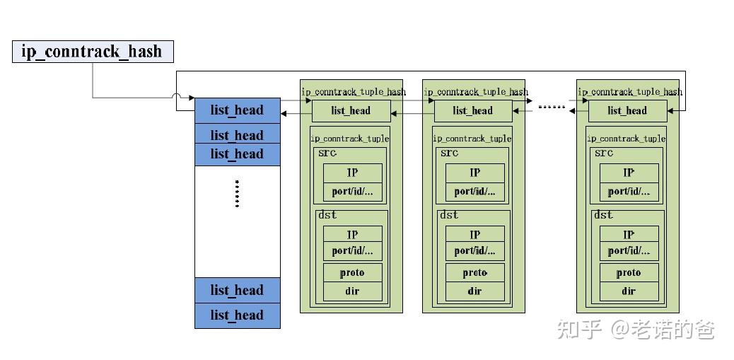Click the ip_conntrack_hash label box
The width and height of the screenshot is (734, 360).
pyautogui.click(x=93, y=52)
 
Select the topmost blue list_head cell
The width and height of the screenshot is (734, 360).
pyautogui.click(x=238, y=110)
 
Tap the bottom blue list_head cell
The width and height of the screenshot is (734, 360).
pyautogui.click(x=238, y=315)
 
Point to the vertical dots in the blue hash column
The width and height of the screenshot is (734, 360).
pyautogui.click(x=238, y=193)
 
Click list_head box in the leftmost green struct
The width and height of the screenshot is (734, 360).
pyautogui.click(x=351, y=111)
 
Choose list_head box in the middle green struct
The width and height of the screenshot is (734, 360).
pyautogui.click(x=473, y=111)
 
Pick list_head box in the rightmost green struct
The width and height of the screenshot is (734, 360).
pyautogui.click(x=628, y=111)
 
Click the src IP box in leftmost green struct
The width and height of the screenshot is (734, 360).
pyautogui.click(x=352, y=173)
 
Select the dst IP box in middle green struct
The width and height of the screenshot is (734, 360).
pyautogui.click(x=475, y=234)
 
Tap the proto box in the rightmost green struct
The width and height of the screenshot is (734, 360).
pyautogui.click(x=629, y=272)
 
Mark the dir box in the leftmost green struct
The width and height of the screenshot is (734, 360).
pyautogui.click(x=352, y=291)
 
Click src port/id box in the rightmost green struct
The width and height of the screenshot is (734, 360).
pyautogui.click(x=629, y=192)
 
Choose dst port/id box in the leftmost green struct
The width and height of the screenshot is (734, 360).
pyautogui.click(x=352, y=251)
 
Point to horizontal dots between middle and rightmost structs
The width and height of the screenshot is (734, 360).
pyautogui.click(x=552, y=108)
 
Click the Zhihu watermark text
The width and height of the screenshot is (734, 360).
pyautogui.click(x=636, y=330)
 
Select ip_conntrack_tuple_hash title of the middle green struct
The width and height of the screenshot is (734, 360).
pyautogui.click(x=476, y=92)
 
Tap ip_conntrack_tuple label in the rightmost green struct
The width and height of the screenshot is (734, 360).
pyautogui.click(x=626, y=139)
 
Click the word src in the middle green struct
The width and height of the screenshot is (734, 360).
pyautogui.click(x=450, y=153)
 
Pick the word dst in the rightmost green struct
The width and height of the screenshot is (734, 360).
pyautogui.click(x=603, y=215)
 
